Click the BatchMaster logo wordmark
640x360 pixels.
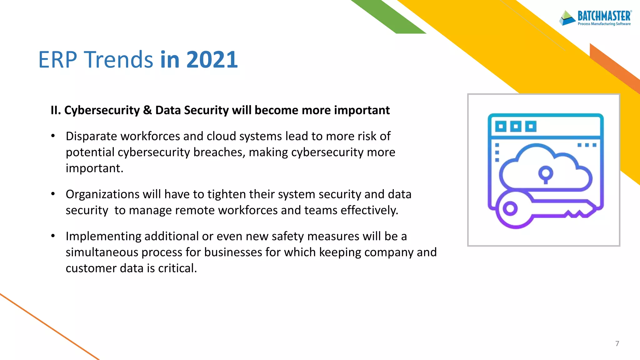click(604, 16)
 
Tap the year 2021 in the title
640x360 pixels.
click(212, 59)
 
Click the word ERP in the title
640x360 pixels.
click(58, 59)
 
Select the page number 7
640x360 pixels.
click(617, 344)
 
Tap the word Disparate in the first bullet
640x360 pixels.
click(92, 136)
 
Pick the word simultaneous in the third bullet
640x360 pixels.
click(102, 252)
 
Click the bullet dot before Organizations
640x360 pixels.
click(53, 194)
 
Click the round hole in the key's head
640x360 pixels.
click(510, 208)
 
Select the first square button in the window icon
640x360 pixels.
click(501, 127)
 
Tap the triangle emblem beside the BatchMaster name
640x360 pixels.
click(567, 18)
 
